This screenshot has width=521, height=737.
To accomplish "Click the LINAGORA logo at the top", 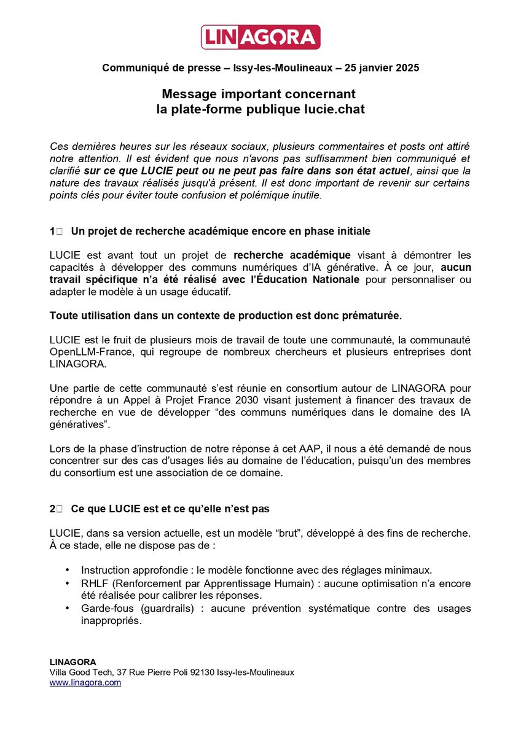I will (260, 37).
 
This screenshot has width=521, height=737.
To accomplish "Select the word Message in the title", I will (188, 95).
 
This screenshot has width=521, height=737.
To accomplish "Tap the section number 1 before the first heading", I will (53, 232).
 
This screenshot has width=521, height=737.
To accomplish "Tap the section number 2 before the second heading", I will (53, 509).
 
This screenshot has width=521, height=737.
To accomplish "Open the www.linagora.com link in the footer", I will (85, 682).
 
